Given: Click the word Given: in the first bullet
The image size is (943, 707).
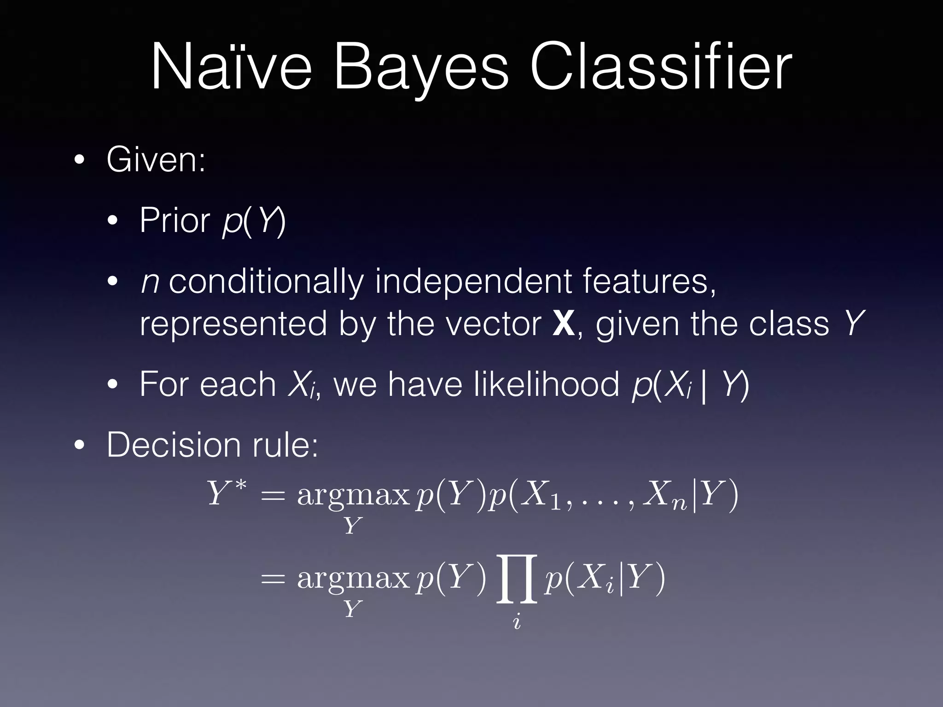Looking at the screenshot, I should click(x=156, y=160).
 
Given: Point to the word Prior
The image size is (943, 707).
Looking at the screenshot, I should click(x=175, y=220).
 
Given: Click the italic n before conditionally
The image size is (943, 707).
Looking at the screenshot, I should click(x=150, y=282).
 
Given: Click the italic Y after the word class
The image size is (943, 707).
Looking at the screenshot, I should click(x=853, y=324).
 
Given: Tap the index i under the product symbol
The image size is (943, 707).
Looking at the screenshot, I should click(x=517, y=622).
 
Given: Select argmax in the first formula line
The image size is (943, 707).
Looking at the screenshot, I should click(x=353, y=495).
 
